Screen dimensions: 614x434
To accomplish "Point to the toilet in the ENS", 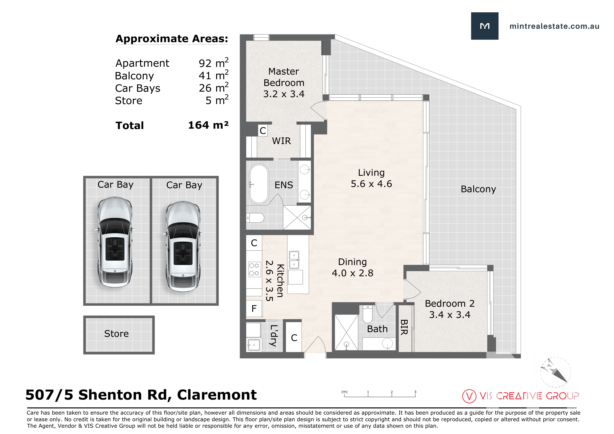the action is (x=255, y=218).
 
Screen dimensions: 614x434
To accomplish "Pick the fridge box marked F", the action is (x=254, y=309).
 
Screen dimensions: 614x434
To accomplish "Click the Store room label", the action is (x=116, y=334).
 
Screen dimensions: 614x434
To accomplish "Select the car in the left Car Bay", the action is (x=115, y=242).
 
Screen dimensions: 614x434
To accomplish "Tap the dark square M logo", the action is (x=485, y=26).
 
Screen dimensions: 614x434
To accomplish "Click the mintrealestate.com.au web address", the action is (x=554, y=26).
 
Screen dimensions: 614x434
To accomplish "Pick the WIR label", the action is (x=281, y=141).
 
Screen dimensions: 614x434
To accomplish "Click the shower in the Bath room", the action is (x=346, y=332).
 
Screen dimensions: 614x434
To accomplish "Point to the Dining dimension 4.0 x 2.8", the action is (x=353, y=273).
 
